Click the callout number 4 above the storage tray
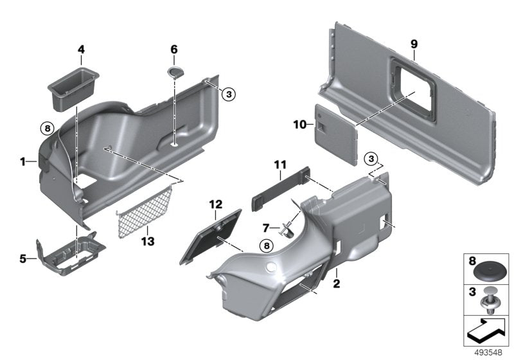point(81,50)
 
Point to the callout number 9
point(414,44)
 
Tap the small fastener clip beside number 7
point(287,226)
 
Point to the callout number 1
point(24,161)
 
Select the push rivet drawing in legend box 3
point(492,300)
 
